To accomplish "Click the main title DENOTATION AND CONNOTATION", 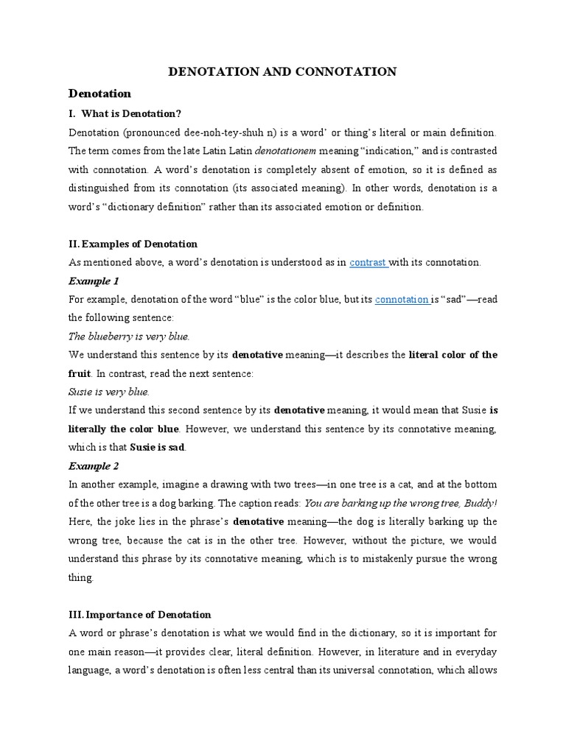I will point(283,71).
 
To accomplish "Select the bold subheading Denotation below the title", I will point(99,94).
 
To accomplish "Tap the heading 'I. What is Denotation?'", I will point(125,113).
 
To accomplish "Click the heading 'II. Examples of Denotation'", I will point(133,244).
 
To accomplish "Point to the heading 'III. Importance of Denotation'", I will point(139,614).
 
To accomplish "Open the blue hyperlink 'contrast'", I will point(368,262).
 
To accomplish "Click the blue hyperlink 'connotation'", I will point(402,300).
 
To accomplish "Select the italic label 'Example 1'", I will point(94,281).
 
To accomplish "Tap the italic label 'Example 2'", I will point(94,466).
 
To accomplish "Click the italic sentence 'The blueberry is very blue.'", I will point(129,337).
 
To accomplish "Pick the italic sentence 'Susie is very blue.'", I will point(109,392).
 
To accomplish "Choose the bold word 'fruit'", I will point(80,373).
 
